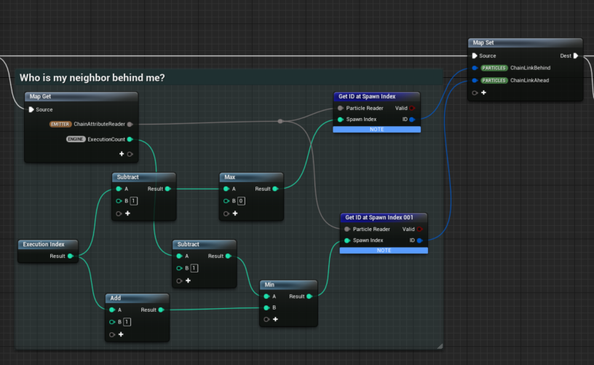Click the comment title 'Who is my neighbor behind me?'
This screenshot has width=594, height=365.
92,78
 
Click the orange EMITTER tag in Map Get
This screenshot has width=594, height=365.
60,124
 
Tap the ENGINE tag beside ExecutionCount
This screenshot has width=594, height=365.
76,139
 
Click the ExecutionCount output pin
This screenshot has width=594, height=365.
130,139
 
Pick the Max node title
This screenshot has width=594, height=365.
230,177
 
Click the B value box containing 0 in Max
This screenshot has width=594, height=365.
241,200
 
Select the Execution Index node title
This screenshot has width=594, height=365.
44,245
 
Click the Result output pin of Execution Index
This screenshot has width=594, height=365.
70,256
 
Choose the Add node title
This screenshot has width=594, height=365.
116,298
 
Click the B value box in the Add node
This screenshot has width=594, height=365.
127,321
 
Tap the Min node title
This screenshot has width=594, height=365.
270,285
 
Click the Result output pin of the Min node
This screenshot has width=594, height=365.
309,296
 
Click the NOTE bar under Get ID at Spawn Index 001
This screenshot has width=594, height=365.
383,250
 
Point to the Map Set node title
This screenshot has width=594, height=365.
485,43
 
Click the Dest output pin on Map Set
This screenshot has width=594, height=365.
576,55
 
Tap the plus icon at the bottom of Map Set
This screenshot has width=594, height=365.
483,93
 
